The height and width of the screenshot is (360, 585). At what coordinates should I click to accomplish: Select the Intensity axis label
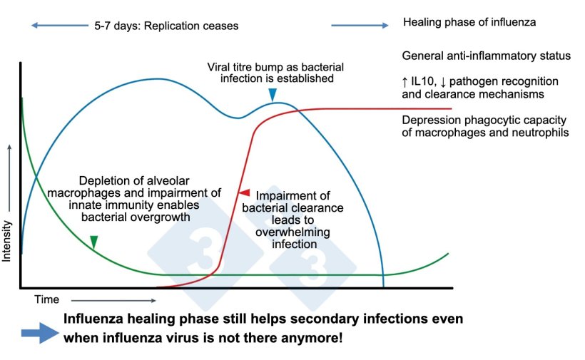pyautogui.click(x=8, y=241)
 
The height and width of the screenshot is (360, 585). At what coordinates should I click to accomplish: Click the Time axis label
pyautogui.click(x=47, y=300)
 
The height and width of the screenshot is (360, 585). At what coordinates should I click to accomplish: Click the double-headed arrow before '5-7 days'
pyautogui.click(x=58, y=26)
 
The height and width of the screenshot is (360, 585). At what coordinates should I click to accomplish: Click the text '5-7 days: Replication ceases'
pyautogui.click(x=166, y=26)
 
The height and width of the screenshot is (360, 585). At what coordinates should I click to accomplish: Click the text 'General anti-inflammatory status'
pyautogui.click(x=486, y=56)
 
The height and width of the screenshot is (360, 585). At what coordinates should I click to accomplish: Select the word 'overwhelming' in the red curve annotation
pyautogui.click(x=294, y=232)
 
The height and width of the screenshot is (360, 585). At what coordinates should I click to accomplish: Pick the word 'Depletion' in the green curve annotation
pyautogui.click(x=103, y=180)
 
